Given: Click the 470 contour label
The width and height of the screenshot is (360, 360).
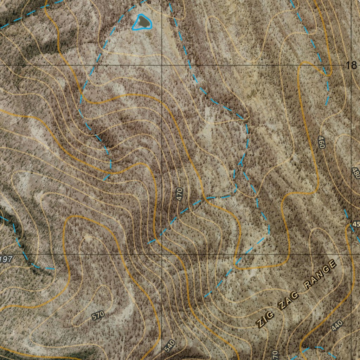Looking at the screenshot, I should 180,194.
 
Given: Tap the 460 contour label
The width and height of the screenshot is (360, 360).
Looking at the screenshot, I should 321,142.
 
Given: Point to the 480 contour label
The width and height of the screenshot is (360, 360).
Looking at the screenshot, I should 355,173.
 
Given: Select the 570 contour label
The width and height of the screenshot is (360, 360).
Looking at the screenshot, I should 98,316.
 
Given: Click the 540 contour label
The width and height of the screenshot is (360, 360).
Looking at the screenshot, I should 169,346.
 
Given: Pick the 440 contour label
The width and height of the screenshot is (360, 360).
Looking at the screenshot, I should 336,326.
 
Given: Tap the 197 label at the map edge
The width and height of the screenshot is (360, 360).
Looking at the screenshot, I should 6,260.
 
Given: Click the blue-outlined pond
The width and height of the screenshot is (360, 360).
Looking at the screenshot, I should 142,22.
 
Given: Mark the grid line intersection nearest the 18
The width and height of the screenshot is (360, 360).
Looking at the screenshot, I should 351,65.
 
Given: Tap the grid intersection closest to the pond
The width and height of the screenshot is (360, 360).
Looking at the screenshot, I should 162,65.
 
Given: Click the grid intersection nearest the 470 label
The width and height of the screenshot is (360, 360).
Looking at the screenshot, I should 162,254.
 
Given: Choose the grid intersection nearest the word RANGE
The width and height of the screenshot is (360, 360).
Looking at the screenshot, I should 351,254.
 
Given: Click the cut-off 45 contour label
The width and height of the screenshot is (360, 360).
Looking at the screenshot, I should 356,224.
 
